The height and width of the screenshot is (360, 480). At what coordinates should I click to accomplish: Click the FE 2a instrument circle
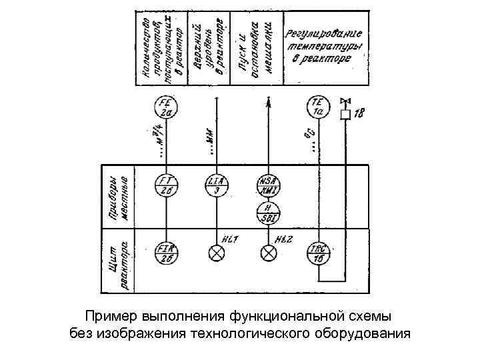pyautogui.click(x=165, y=108)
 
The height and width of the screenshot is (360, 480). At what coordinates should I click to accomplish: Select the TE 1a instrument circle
pyautogui.click(x=318, y=107)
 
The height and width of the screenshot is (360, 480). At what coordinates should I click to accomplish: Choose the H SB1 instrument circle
pyautogui.click(x=268, y=213)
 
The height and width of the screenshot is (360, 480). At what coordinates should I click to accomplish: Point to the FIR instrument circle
pyautogui.click(x=165, y=253)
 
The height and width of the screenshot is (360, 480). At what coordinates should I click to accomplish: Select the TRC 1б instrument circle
pyautogui.click(x=318, y=253)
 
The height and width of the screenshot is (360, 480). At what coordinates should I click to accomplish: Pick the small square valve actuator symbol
pyautogui.click(x=345, y=115)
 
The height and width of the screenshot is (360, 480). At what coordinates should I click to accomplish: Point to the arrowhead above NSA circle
pyautogui.click(x=268, y=101)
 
